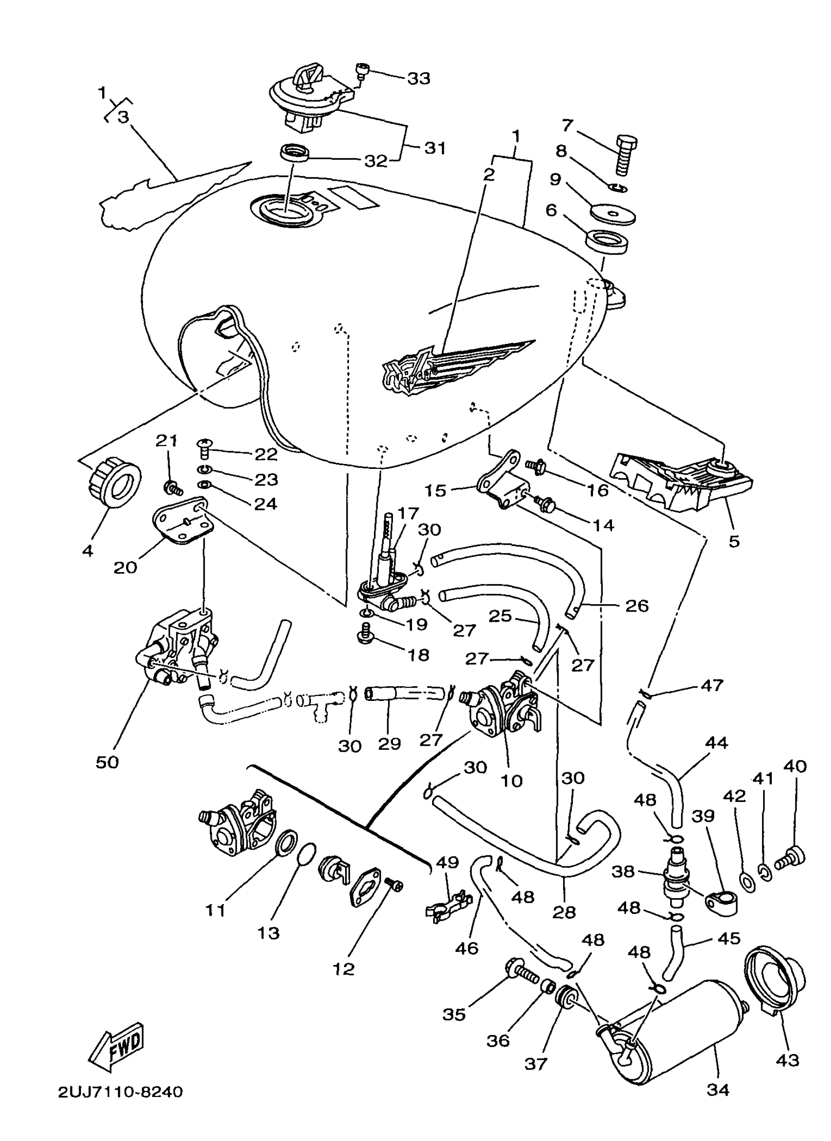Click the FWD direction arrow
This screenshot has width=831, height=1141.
(x=117, y=1045)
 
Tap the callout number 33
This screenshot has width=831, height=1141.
(x=418, y=79)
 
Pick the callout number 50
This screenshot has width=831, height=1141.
(x=107, y=762)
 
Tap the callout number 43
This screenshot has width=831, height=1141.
(x=787, y=1060)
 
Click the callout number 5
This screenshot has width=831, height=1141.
(x=734, y=541)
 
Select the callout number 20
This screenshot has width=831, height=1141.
(x=125, y=568)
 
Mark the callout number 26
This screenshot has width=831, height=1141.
(x=637, y=605)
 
